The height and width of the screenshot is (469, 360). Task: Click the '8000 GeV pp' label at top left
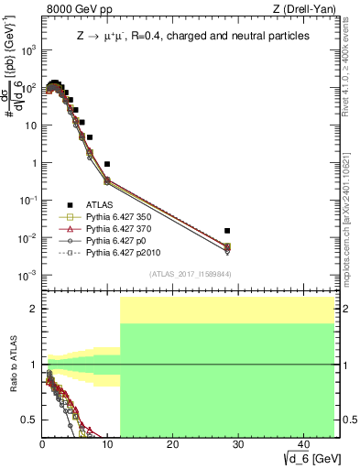pos(75,10)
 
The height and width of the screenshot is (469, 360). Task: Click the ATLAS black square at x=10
pos(107,164)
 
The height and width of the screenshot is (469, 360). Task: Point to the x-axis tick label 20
pos(171,444)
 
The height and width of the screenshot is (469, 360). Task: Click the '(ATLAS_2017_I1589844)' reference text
pos(190,274)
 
